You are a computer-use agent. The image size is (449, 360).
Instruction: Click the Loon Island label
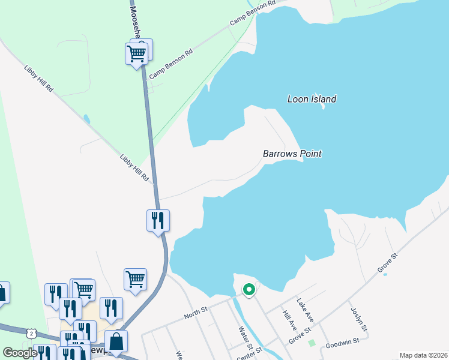[x=312, y=99]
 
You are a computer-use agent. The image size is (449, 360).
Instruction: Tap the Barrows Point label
[x=292, y=154]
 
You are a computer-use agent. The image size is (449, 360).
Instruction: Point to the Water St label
[x=245, y=338]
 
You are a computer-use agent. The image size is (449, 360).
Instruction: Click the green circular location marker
[x=249, y=290]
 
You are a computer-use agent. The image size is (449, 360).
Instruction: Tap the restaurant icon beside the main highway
[x=158, y=220]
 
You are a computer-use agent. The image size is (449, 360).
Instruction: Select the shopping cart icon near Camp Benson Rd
[x=136, y=53]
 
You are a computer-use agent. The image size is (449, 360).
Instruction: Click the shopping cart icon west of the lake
[x=135, y=278]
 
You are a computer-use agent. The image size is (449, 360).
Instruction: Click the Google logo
[x=20, y=353]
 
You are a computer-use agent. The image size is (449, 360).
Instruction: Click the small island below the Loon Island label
[x=323, y=107]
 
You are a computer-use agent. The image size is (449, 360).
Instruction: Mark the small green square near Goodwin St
[x=312, y=343]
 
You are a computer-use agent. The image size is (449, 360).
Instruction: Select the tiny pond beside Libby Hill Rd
[x=87, y=119]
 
